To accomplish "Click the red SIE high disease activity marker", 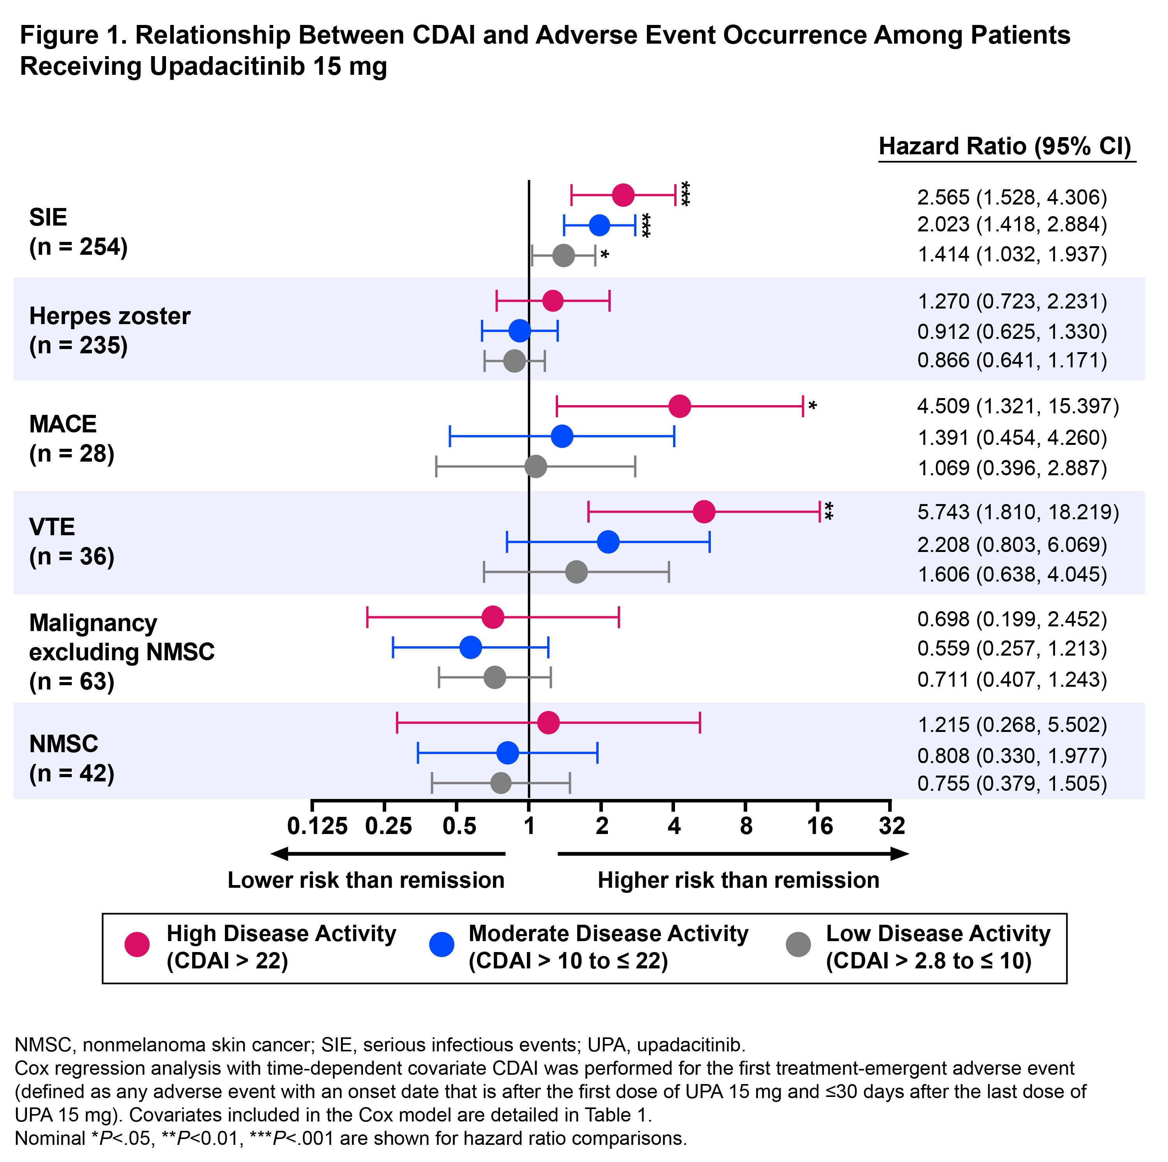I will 623,195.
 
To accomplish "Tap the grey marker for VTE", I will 576,571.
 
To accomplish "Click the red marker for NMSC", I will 548,723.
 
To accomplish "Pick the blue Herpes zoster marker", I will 520,331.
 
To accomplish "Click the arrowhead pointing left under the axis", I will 279,854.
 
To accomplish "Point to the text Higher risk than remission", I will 738,880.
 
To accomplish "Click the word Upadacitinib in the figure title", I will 227,67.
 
